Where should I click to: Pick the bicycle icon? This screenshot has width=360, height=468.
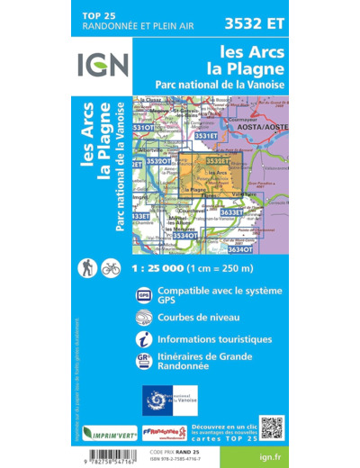111,267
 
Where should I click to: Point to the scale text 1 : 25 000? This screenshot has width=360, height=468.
193,268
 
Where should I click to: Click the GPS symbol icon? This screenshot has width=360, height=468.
144,295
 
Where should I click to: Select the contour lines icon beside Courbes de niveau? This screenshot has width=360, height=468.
144,318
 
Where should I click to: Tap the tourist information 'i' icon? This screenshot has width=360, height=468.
144,339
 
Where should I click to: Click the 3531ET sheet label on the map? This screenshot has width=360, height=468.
205,136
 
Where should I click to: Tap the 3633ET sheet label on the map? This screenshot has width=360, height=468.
231,212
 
